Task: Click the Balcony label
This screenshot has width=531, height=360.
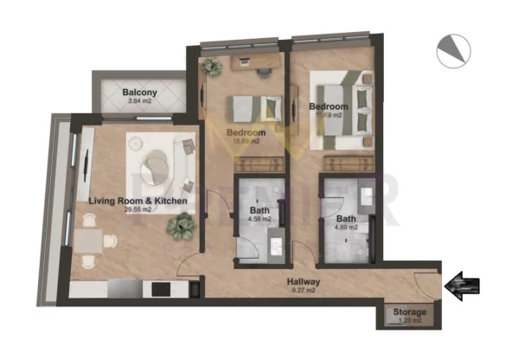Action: pyautogui.click(x=138, y=92)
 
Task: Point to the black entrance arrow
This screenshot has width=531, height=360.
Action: pyautogui.click(x=465, y=285)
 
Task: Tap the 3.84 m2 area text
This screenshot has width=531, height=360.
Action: pyautogui.click(x=138, y=102)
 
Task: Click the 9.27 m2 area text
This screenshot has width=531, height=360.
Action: pyautogui.click(x=303, y=292)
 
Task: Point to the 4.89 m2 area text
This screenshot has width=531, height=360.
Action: pyautogui.click(x=346, y=229)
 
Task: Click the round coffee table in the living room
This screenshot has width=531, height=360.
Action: pyautogui.click(x=157, y=162)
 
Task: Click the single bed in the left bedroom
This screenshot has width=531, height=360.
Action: pyautogui.click(x=256, y=109)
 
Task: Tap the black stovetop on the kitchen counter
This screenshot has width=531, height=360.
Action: pyautogui.click(x=160, y=287)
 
